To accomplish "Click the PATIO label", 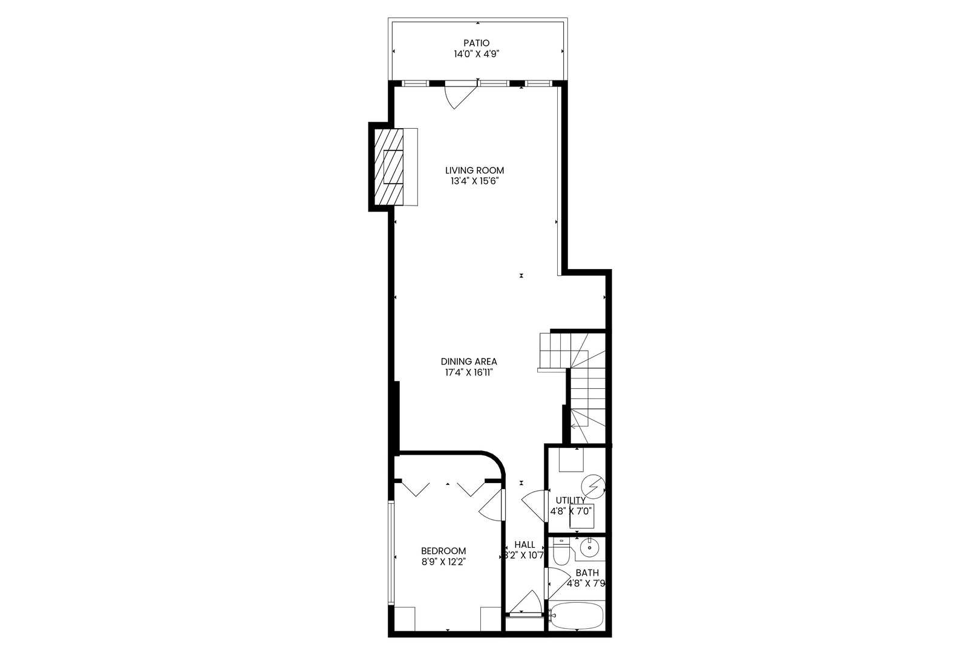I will [476, 43].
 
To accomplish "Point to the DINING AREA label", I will [469, 362].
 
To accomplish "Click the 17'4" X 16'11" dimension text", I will [469, 373].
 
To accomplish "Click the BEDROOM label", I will [443, 551].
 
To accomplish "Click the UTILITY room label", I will [570, 500].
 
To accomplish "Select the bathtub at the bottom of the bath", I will [576, 616].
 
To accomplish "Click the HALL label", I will [524, 544].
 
